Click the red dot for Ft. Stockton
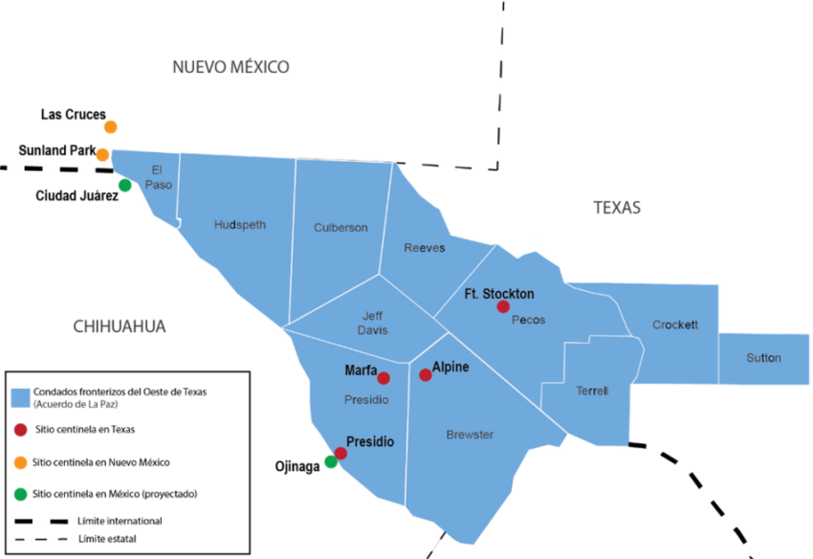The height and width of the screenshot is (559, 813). tap(503, 307)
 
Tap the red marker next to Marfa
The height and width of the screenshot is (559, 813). tap(384, 378)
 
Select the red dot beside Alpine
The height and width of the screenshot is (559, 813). tap(426, 375)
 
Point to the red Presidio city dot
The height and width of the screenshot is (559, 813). tap(341, 453)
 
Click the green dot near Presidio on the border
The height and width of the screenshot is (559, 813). tap(330, 462)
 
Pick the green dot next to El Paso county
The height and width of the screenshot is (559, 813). tap(124, 186)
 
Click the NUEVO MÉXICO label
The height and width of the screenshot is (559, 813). tap(231, 67)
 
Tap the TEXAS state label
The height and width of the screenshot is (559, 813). tap(617, 208)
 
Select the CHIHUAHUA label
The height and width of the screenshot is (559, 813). tap(120, 327)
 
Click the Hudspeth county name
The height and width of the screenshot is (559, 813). tap(240, 225)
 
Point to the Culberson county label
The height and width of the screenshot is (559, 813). tap(341, 228)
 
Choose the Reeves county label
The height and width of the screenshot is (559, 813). tap(424, 248)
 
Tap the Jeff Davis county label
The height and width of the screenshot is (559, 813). tap(373, 323)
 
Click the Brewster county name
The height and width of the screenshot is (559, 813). tap(470, 435)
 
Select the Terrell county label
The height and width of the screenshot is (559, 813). tap(592, 391)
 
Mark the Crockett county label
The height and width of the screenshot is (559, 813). tap(675, 325)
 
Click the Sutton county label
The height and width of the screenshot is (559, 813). tap(763, 358)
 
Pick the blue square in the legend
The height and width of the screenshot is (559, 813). tap(21, 398)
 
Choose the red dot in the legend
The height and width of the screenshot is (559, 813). tap(21, 431)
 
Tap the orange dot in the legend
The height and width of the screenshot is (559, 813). tap(21, 463)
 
